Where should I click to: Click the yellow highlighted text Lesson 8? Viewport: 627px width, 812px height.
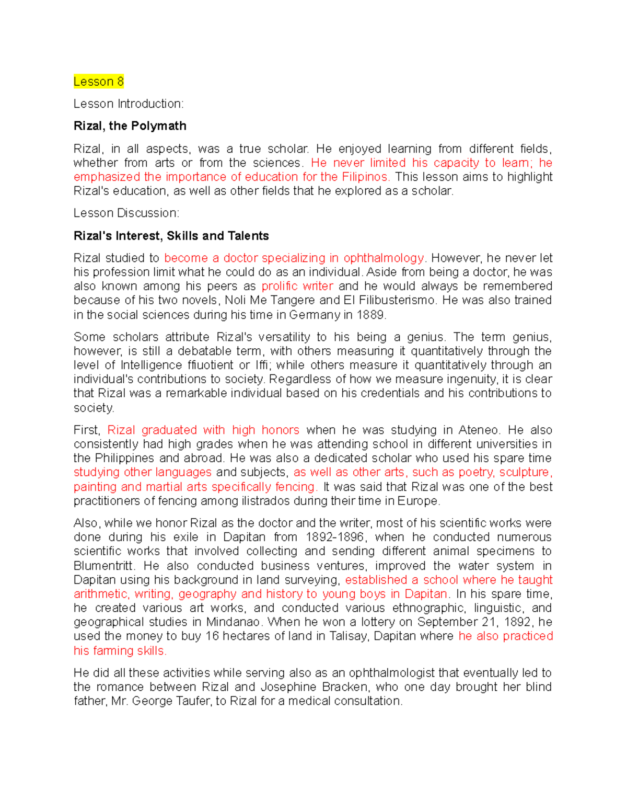tap(99, 82)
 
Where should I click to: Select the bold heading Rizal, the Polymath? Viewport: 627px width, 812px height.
tap(130, 126)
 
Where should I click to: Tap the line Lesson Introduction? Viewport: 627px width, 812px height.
tap(129, 104)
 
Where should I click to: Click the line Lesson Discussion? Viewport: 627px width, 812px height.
tap(126, 213)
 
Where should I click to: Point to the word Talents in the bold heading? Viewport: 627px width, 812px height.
tap(248, 236)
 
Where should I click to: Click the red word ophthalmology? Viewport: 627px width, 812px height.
tap(384, 258)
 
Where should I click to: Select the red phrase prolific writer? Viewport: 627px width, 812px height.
tap(297, 286)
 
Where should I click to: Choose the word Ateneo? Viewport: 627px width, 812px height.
tap(479, 430)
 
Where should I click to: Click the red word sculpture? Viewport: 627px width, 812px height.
tap(524, 472)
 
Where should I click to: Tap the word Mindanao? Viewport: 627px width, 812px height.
tap(233, 622)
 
